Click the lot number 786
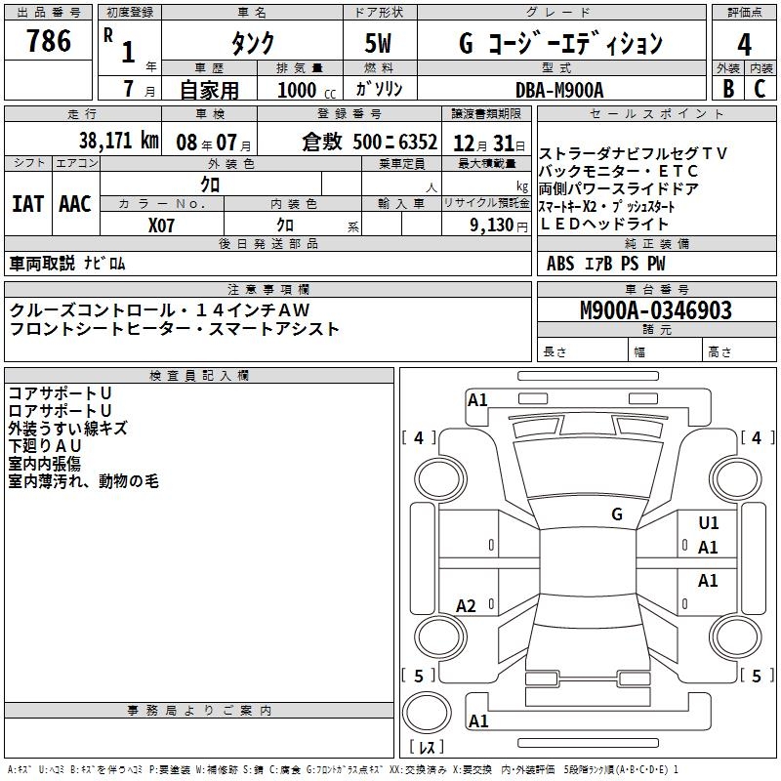click(49, 41)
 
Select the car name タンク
click(252, 43)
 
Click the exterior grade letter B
click(727, 89)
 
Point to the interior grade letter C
click(760, 89)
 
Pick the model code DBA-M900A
click(559, 89)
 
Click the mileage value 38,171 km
click(118, 140)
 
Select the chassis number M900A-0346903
click(655, 310)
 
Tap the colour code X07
click(162, 226)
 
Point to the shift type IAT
click(27, 204)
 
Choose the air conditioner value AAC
click(75, 204)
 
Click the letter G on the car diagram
click(617, 514)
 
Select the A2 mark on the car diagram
click(467, 606)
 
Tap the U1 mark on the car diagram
click(709, 523)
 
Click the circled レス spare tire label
click(427, 748)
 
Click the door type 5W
click(380, 43)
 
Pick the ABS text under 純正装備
click(560, 263)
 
